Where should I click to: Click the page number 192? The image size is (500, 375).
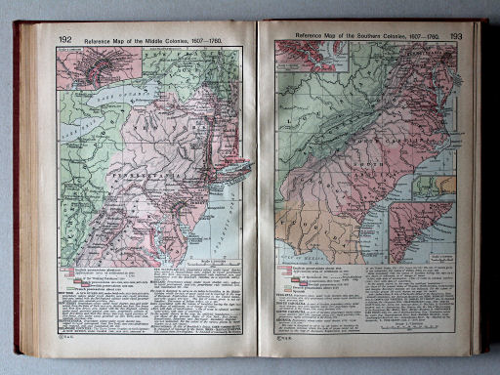point(65,39)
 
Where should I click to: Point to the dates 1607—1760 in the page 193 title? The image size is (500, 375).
point(423,35)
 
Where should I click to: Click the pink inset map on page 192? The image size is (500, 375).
point(85,68)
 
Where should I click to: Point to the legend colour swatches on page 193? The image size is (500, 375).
point(287,274)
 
